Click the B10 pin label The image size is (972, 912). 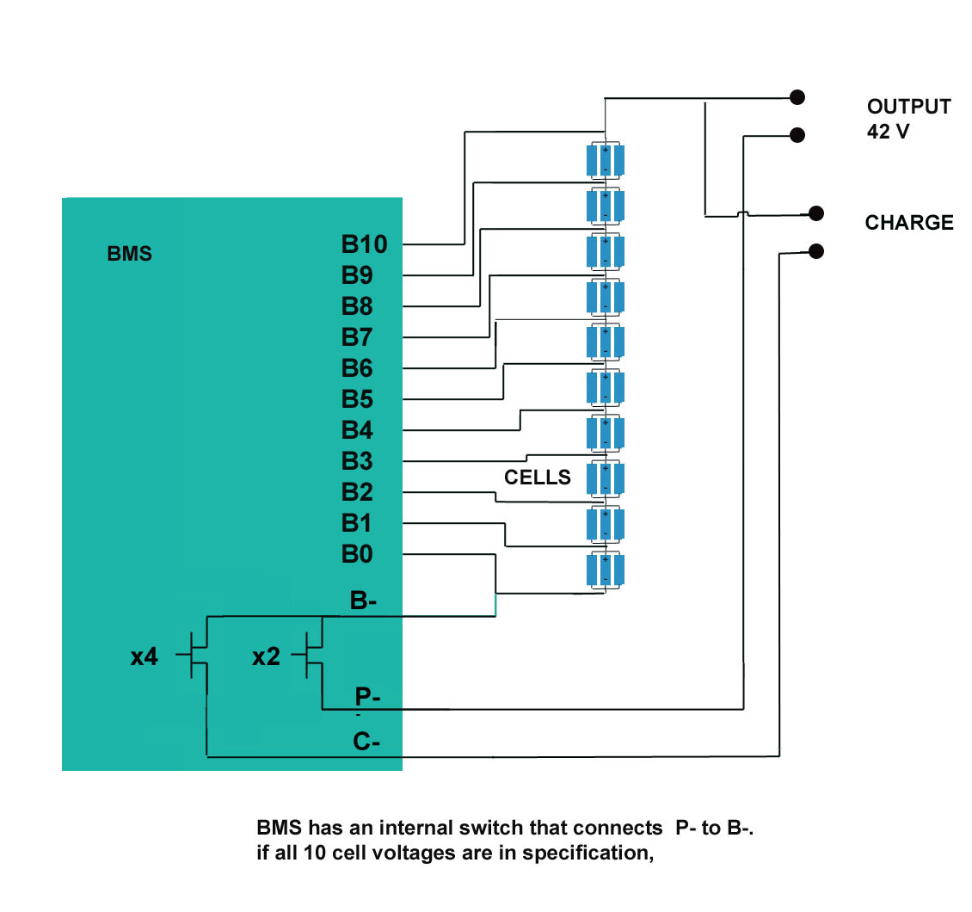[364, 245]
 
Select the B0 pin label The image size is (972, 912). [357, 555]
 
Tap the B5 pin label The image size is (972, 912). [357, 400]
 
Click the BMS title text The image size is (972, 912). [129, 255]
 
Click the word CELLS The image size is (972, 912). [538, 478]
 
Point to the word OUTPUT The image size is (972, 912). [909, 108]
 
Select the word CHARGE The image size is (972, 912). [909, 223]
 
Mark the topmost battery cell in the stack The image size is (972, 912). [606, 160]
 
